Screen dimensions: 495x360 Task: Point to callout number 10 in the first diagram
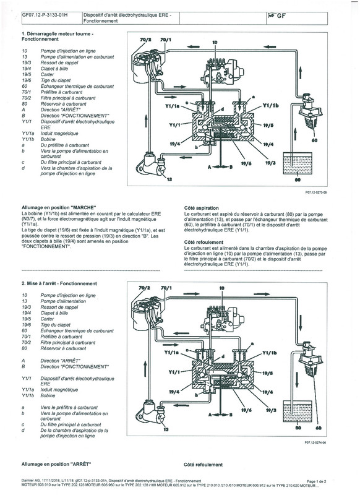tap(215, 42)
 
